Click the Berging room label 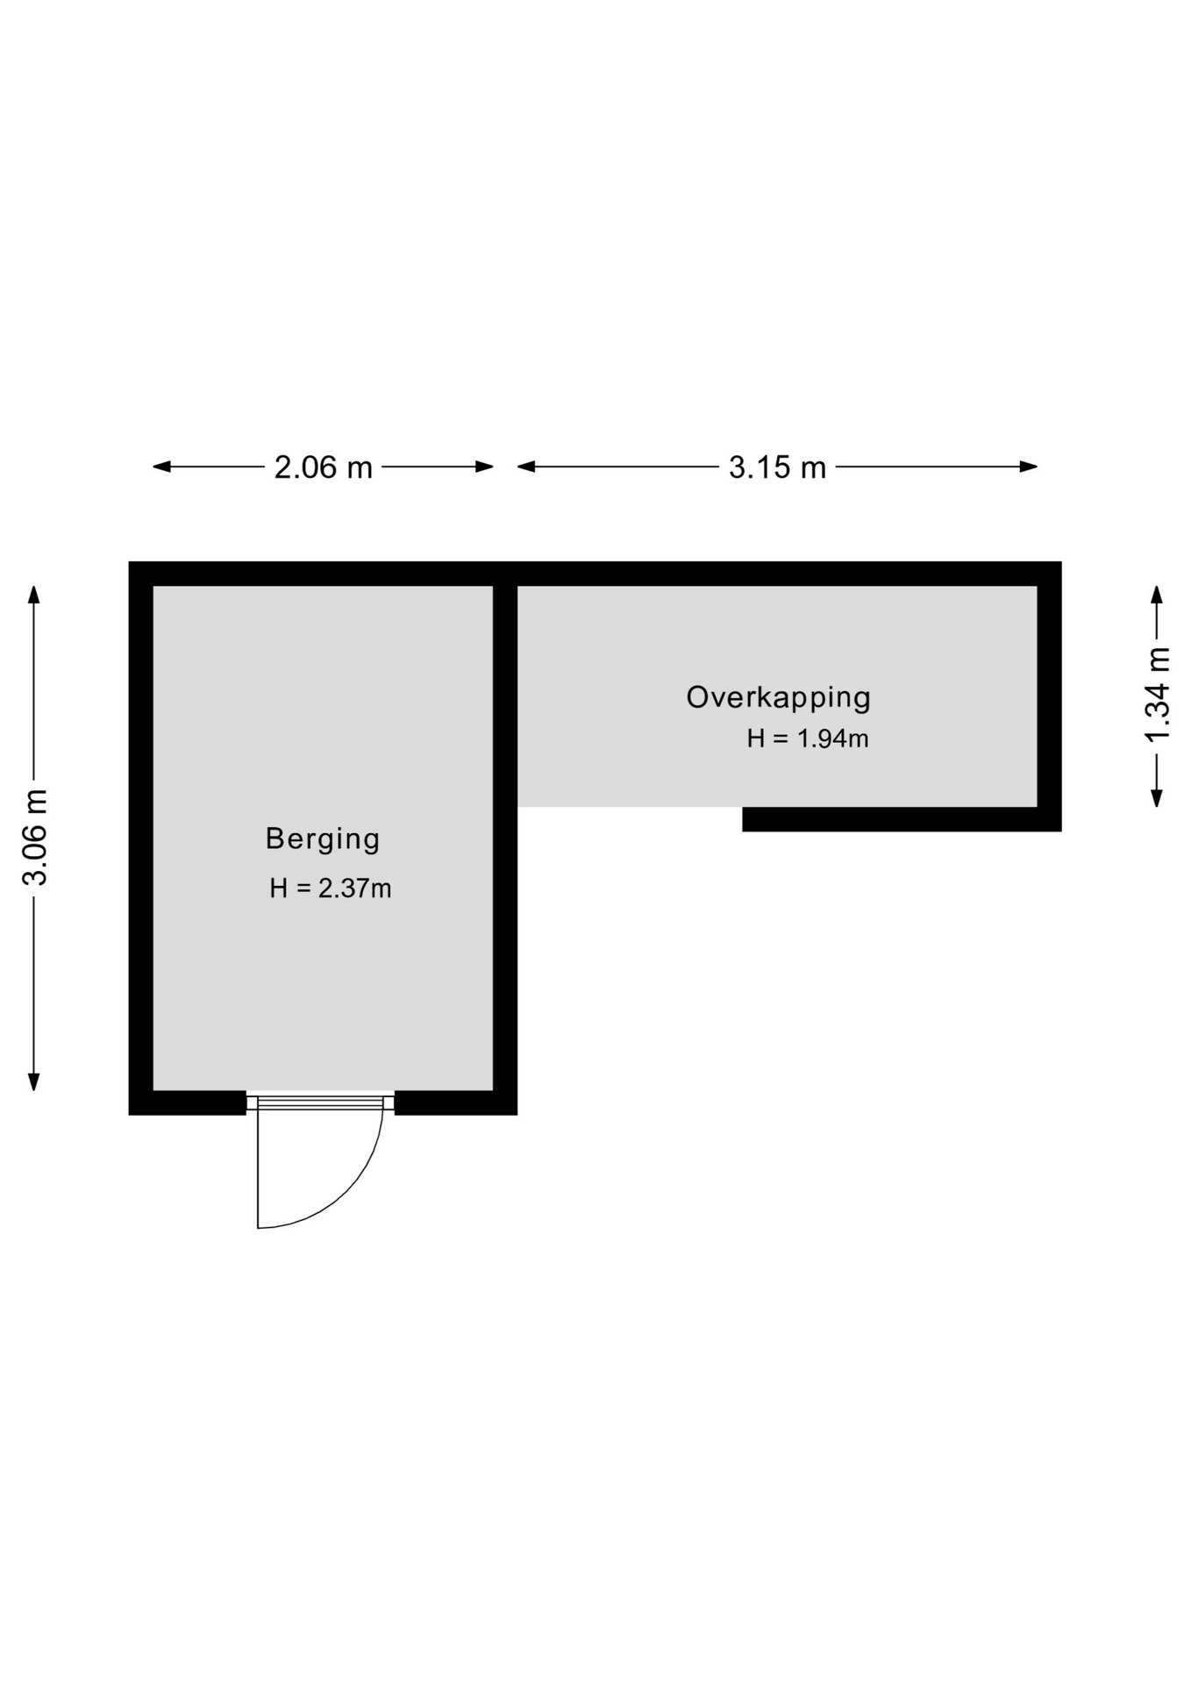[x=323, y=839]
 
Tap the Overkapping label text [x=779, y=698]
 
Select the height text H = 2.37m [x=330, y=888]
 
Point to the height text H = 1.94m [x=808, y=739]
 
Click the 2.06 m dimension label [x=324, y=467]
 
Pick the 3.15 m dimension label [x=777, y=467]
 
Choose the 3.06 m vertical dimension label [x=35, y=838]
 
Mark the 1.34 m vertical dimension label [x=1158, y=694]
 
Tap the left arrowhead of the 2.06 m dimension [x=162, y=467]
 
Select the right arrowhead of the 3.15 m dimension [x=1029, y=467]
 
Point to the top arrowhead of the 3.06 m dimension [x=34, y=596]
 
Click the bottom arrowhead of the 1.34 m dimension [x=1158, y=797]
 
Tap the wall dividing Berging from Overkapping [x=505, y=838]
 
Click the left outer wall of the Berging [x=141, y=838]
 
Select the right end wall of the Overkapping [x=1050, y=696]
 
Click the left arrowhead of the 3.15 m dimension [x=527, y=467]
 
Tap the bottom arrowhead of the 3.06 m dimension [x=34, y=1081]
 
